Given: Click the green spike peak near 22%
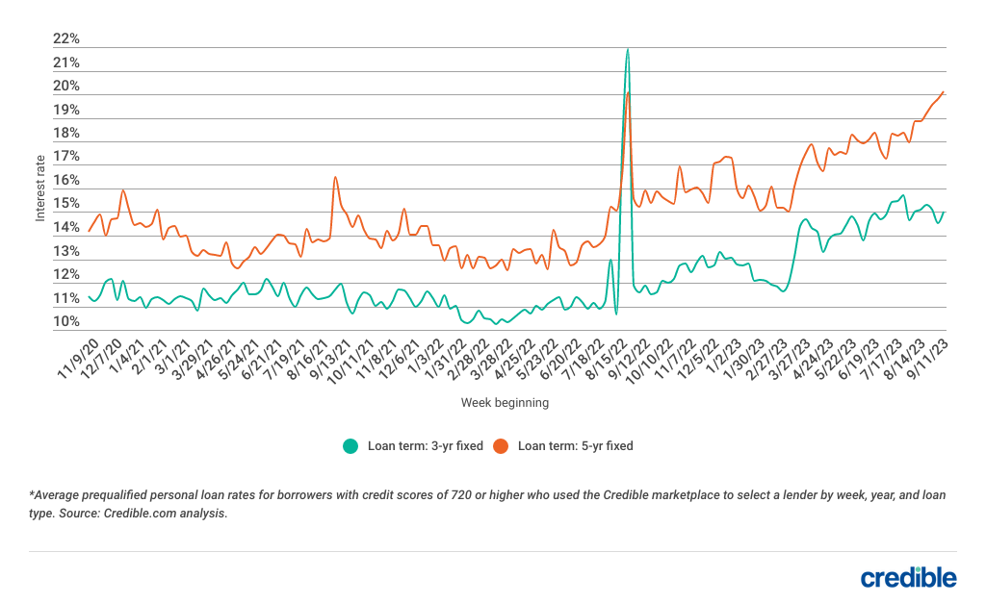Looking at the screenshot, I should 628,48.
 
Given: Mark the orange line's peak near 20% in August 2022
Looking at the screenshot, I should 628,92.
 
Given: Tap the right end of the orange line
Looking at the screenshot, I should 944,91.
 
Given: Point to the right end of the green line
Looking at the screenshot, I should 945,213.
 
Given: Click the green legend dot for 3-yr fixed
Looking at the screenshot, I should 350,446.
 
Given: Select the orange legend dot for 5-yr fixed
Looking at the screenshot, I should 501,446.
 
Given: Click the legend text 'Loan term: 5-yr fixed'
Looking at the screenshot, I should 575,446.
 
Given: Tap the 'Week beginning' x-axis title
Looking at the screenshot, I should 505,402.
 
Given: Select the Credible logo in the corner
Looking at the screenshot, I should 908,576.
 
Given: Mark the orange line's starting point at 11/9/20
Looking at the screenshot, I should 89,231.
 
